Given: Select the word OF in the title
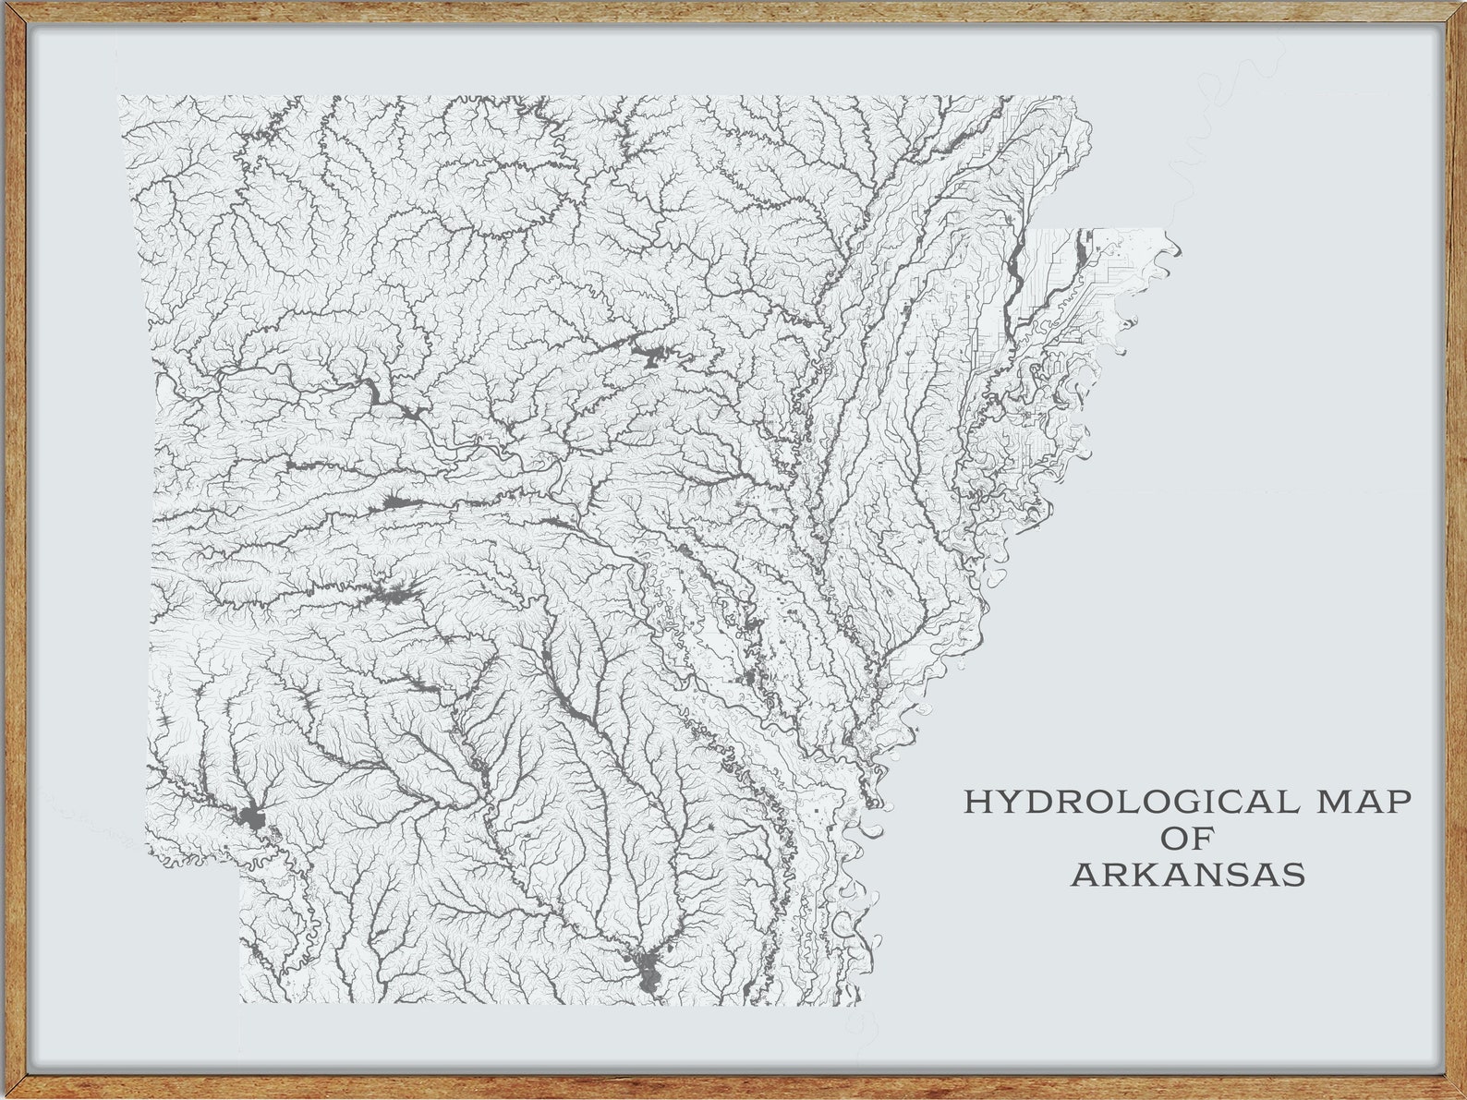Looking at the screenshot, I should click(x=1187, y=838).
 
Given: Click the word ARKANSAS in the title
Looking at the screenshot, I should click(x=1188, y=874).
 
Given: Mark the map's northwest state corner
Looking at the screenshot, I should click(x=119, y=96).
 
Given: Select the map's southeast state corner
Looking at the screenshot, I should click(x=859, y=1003).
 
